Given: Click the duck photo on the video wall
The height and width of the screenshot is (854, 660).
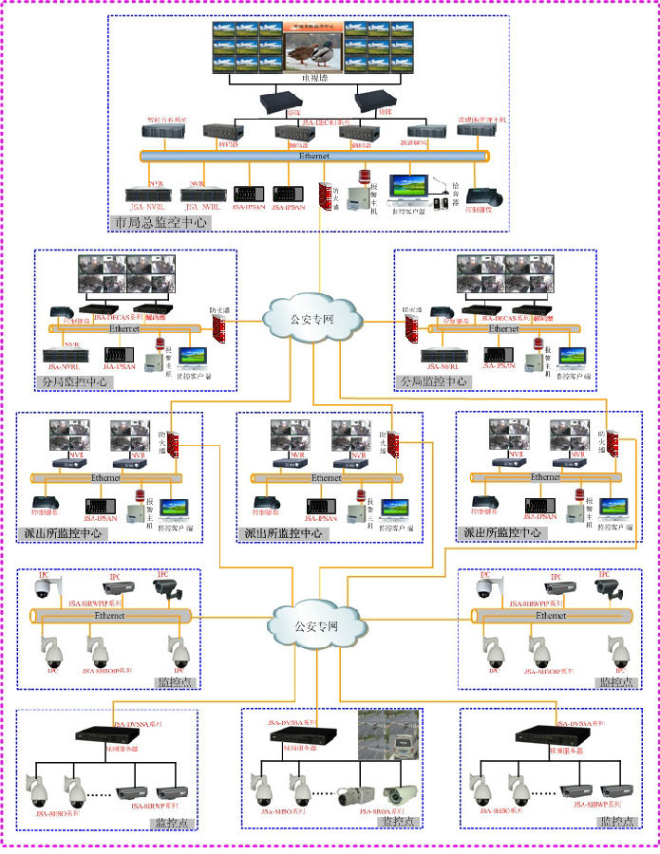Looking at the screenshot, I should pos(313,48).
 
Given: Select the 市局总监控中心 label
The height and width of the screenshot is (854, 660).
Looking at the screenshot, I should pos(160,222).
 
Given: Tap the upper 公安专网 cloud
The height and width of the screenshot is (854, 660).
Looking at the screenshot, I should pos(314,318).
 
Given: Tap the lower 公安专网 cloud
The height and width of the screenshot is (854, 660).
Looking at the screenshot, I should pos(318,625).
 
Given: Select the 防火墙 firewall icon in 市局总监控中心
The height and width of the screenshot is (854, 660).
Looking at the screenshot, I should pos(325,192).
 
